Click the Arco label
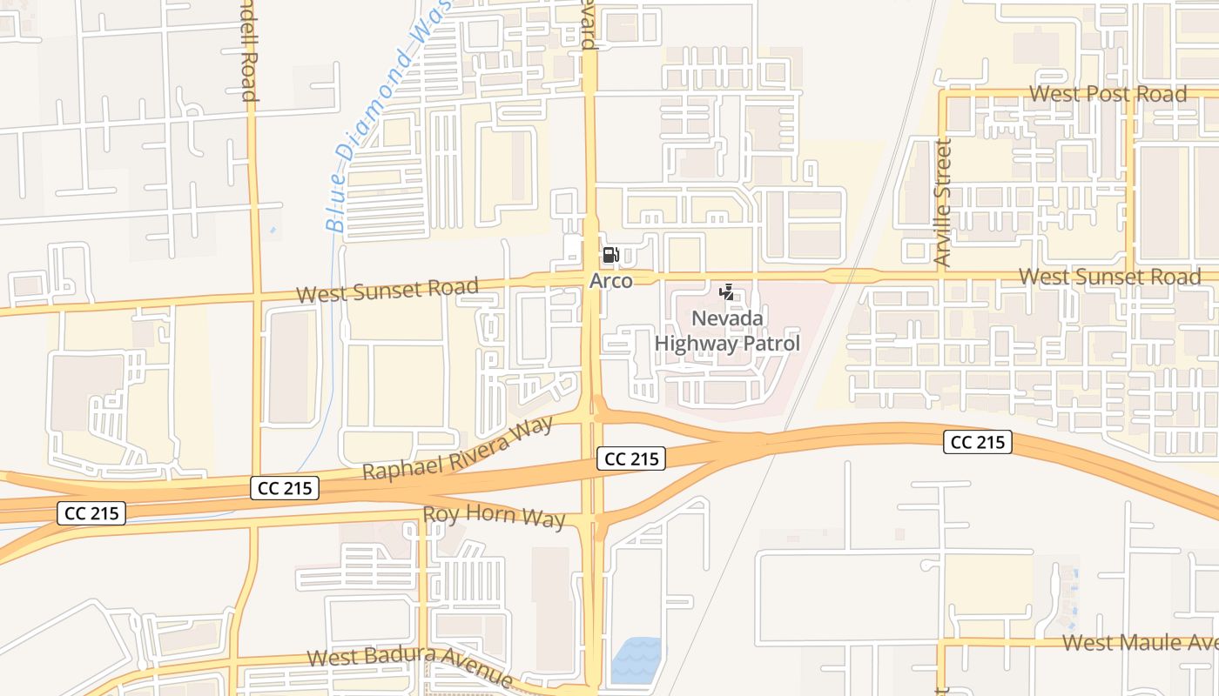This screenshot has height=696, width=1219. (x=611, y=281)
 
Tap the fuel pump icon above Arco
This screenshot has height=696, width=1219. (x=611, y=255)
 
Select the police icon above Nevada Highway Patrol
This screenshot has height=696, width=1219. (x=727, y=292)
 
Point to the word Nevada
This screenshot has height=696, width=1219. (x=727, y=318)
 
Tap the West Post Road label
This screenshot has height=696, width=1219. (x=1108, y=94)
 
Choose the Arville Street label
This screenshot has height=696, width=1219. (x=942, y=203)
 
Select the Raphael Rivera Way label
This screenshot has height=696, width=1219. (x=458, y=449)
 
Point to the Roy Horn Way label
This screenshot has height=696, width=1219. (x=494, y=516)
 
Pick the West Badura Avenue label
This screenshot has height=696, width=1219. (x=410, y=665)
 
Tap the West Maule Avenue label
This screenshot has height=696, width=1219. (x=1141, y=643)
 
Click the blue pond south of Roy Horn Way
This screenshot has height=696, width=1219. (x=636, y=660)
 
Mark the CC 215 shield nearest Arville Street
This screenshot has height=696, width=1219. (x=977, y=442)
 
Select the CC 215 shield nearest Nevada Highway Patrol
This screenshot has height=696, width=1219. (x=631, y=458)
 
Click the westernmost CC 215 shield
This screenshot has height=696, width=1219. (x=92, y=513)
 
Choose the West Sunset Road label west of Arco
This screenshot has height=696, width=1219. (x=387, y=290)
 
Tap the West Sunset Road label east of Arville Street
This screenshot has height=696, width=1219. (x=1109, y=277)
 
